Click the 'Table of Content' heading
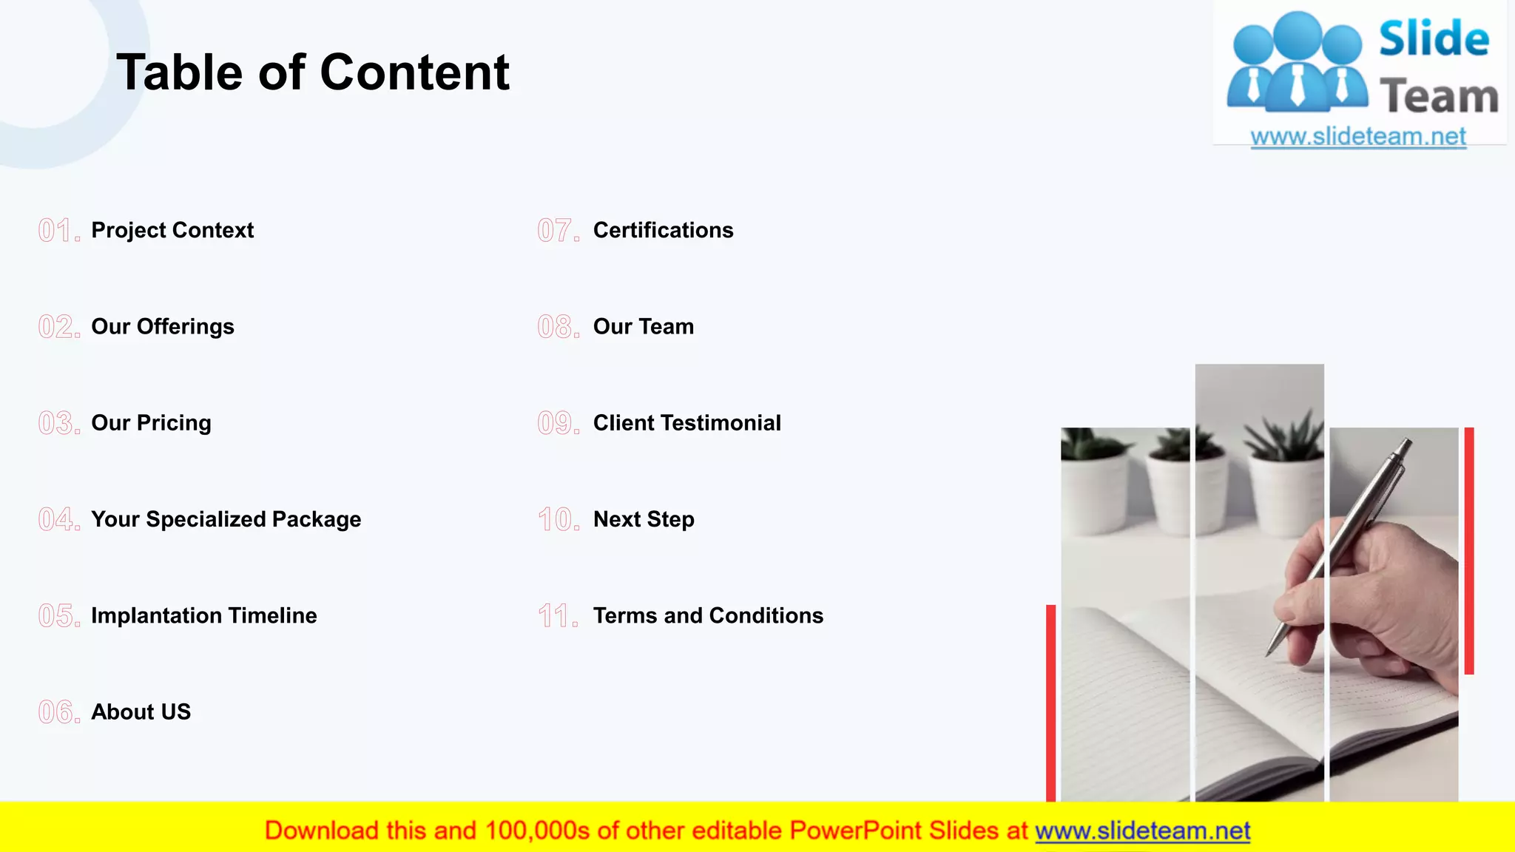click(313, 72)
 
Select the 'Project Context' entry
click(172, 230)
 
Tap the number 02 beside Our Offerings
click(58, 327)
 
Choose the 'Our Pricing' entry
click(151, 423)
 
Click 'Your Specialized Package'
click(226, 519)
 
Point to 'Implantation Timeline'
click(203, 615)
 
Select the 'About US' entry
click(141, 711)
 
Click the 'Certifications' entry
click(663, 230)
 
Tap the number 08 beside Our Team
click(558, 327)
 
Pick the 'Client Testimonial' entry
click(686, 423)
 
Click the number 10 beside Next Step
click(558, 519)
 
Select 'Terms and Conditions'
click(708, 615)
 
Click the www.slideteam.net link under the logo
click(1358, 136)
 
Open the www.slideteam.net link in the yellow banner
click(1142, 831)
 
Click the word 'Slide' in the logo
click(1434, 38)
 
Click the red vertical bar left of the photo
click(1050, 703)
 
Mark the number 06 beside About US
click(58, 712)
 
